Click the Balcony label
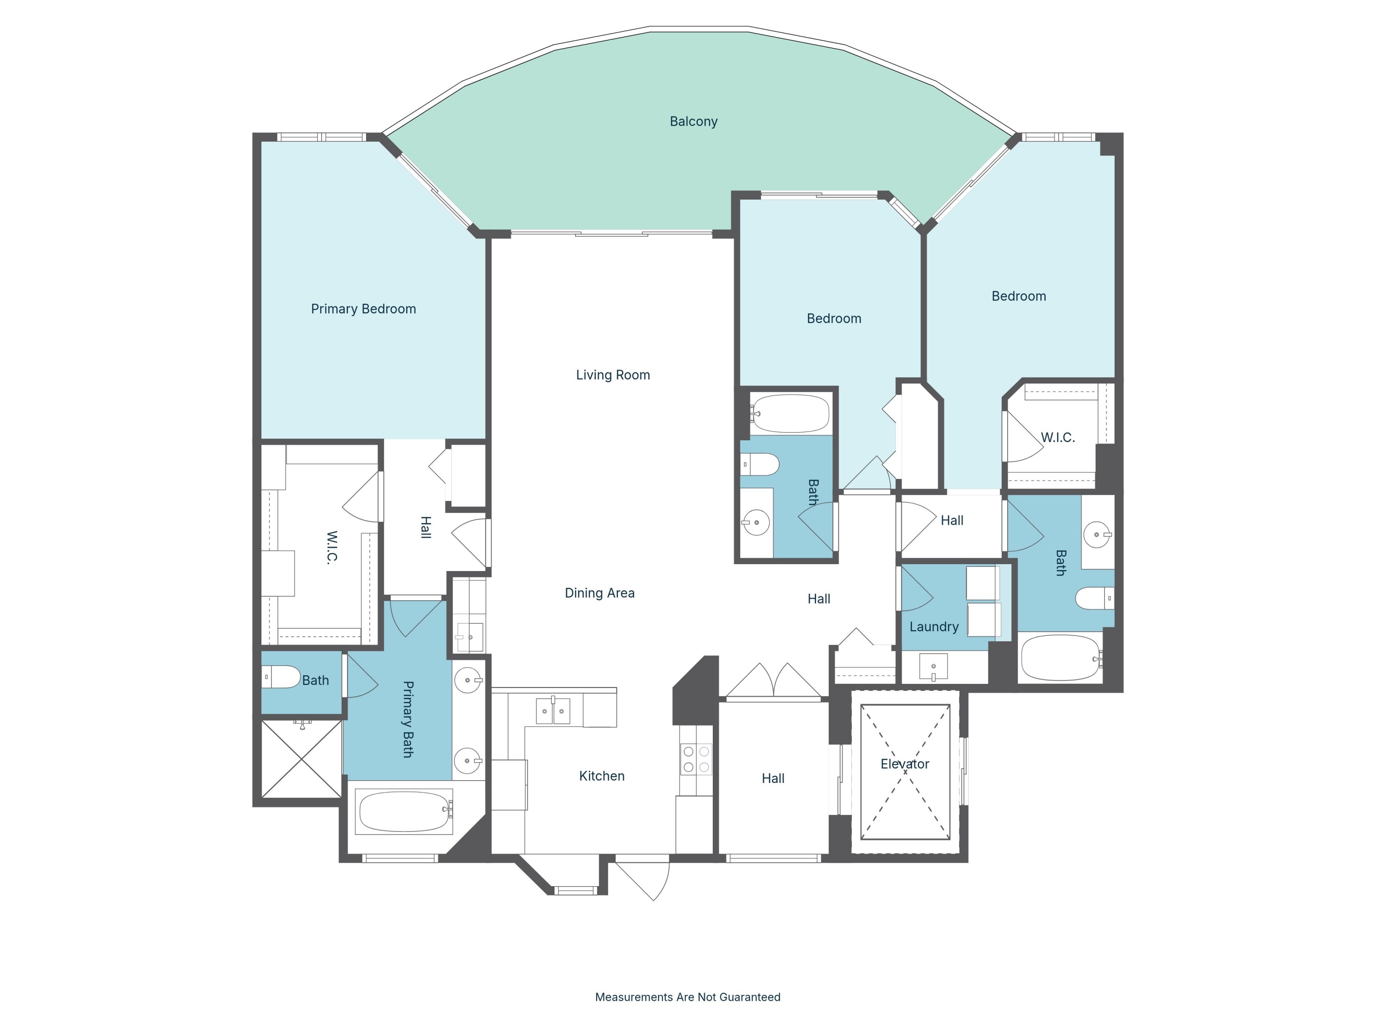point(693,121)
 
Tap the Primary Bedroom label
point(363,309)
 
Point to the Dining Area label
point(599,593)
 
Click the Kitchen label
point(601,776)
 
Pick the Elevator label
point(904,764)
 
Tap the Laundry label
point(934,627)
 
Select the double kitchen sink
point(552,711)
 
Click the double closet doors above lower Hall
point(773,681)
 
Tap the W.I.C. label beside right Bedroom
point(1058,437)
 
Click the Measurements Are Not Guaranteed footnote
point(688,997)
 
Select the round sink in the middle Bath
point(756,522)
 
